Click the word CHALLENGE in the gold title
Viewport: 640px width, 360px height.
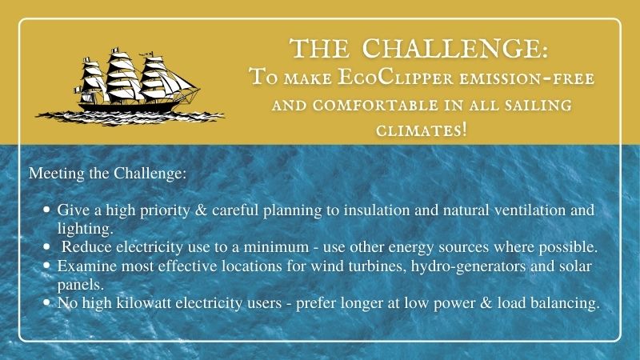tap(454, 49)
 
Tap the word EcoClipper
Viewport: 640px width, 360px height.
tap(395, 77)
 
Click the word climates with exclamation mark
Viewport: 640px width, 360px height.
tap(421, 130)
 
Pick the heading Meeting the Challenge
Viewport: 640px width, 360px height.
tap(108, 173)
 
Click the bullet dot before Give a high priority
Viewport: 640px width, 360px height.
tap(46, 210)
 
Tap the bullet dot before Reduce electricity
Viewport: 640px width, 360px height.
tap(46, 246)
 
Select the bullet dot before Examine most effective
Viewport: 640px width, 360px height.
tap(46, 266)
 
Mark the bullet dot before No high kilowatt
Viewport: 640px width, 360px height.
tap(46, 302)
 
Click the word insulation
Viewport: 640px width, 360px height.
tap(376, 210)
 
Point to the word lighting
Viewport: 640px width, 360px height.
tap(86, 229)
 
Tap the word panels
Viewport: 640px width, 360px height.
tap(81, 285)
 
